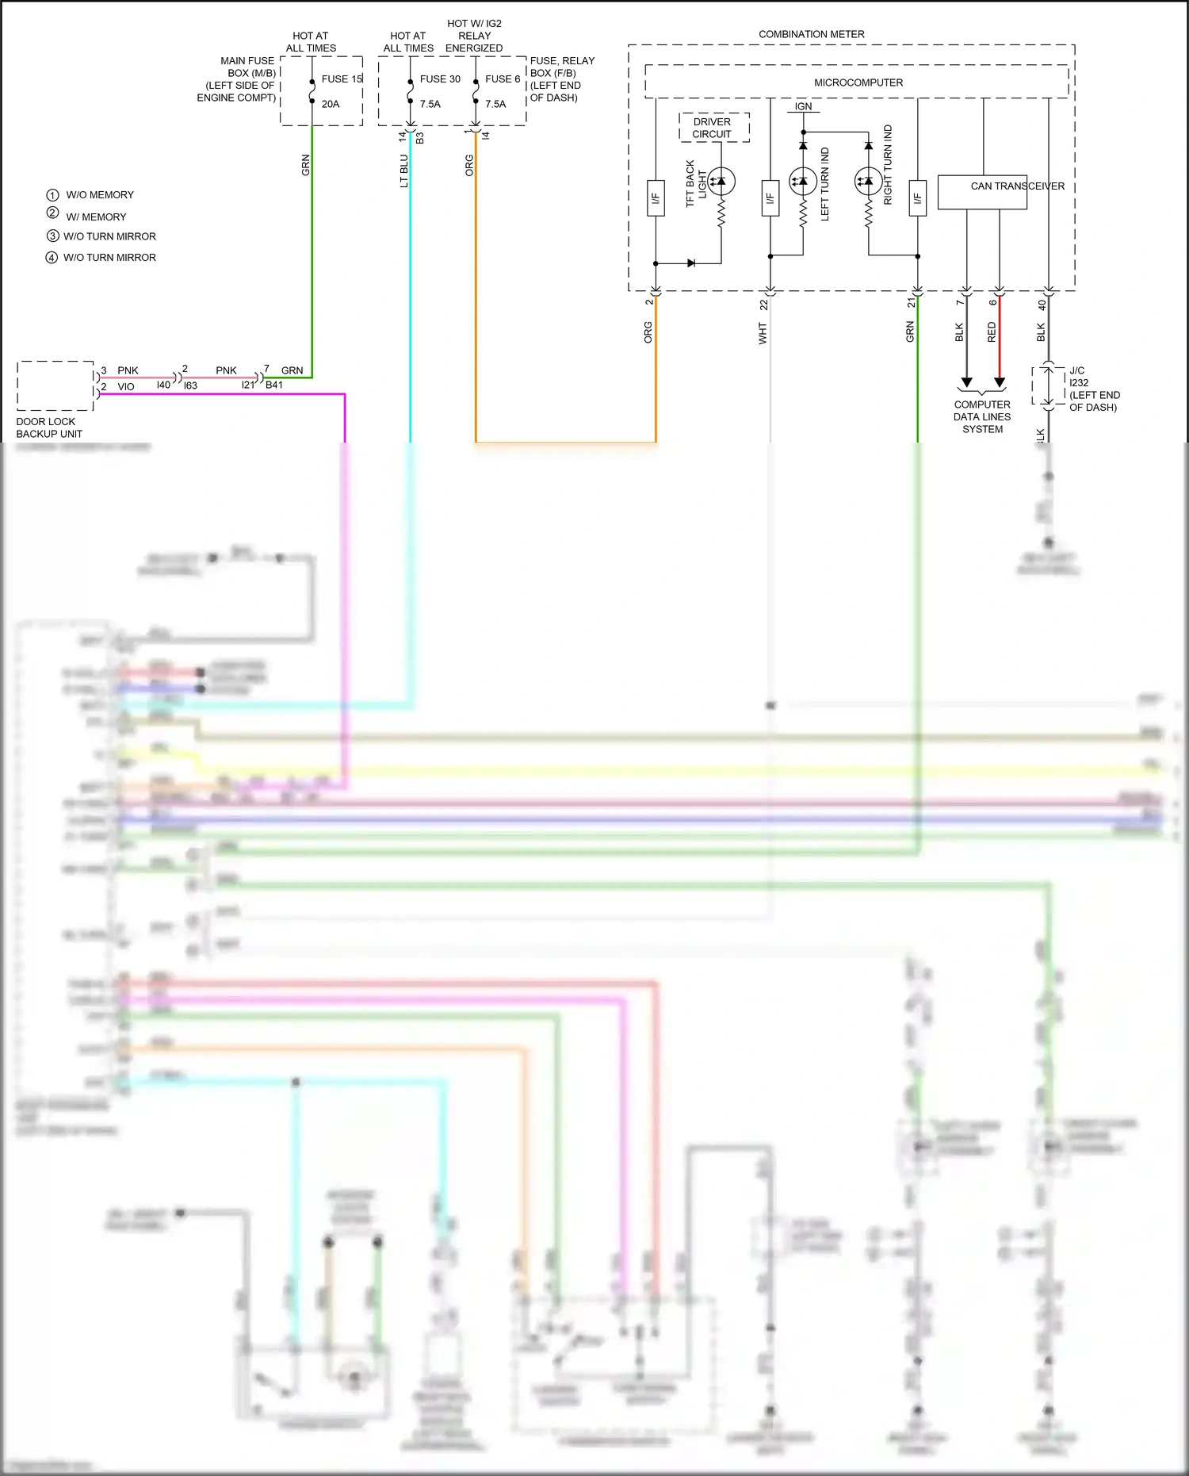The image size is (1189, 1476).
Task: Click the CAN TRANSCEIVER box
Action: (982, 193)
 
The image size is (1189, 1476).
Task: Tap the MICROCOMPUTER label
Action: (858, 82)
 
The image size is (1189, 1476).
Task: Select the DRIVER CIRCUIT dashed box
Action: (713, 128)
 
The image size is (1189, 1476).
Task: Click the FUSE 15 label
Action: (342, 79)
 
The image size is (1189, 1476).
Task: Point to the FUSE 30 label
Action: (440, 79)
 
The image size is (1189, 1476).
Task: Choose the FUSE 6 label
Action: (503, 79)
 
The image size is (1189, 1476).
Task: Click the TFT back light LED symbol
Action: (721, 182)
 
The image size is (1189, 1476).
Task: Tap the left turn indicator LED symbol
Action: (803, 182)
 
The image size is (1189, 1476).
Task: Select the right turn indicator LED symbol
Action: (868, 182)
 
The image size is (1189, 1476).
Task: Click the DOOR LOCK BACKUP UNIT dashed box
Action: (55, 386)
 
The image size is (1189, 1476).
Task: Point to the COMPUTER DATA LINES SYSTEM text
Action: (982, 417)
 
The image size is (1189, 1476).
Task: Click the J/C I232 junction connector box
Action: (1048, 386)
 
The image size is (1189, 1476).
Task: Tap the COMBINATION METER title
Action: (811, 34)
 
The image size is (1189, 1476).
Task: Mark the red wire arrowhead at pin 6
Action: (1000, 383)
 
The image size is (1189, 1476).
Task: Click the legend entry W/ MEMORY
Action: (96, 217)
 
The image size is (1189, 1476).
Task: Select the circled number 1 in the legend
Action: (52, 195)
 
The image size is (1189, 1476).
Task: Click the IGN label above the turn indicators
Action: (803, 106)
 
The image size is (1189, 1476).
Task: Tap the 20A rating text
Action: (331, 104)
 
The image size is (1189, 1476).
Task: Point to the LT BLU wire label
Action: (403, 171)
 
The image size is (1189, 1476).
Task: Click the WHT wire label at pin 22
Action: (763, 333)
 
